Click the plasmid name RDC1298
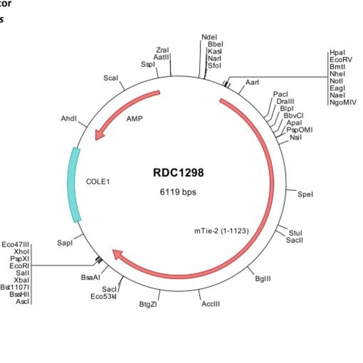tap(178, 173)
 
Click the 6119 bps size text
tap(178, 192)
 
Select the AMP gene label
tap(135, 119)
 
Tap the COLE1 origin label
tap(98, 181)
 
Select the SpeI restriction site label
tap(305, 194)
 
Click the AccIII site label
tap(211, 304)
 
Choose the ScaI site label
tap(111, 78)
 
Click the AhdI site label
tap(69, 119)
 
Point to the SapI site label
tap(65, 243)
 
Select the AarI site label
tap(252, 83)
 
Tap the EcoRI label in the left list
tap(20, 266)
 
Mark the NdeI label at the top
tap(209, 37)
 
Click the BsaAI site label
tap(90, 276)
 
